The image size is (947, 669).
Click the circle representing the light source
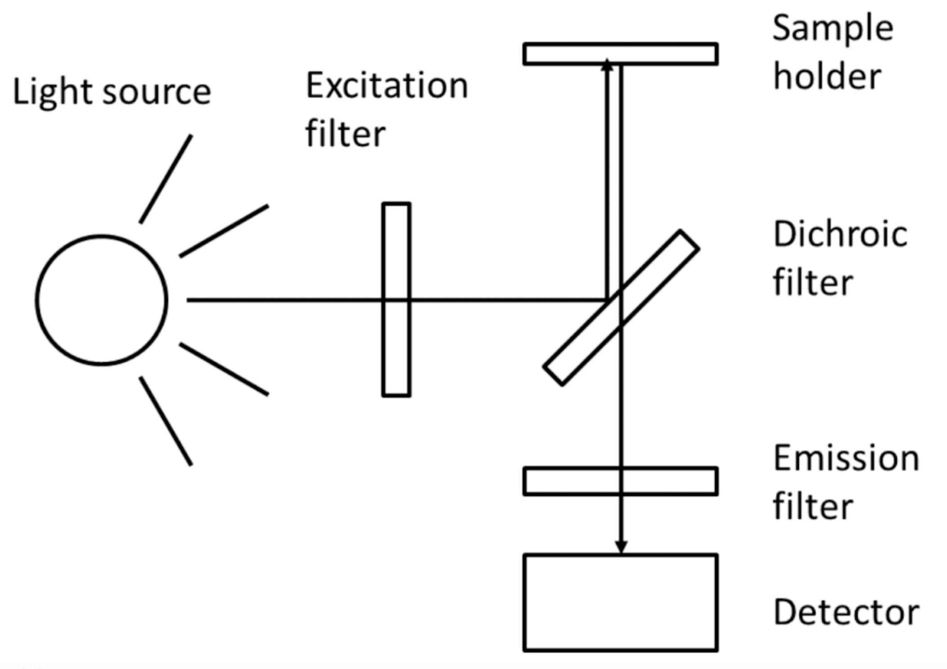(x=102, y=300)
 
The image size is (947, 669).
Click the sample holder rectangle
(x=666, y=54)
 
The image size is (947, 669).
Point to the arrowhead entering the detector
(x=621, y=547)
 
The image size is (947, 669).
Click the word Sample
(x=833, y=29)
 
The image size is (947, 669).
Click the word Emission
(x=846, y=458)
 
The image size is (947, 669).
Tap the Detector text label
(x=846, y=612)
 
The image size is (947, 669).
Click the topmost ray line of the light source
(x=166, y=178)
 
